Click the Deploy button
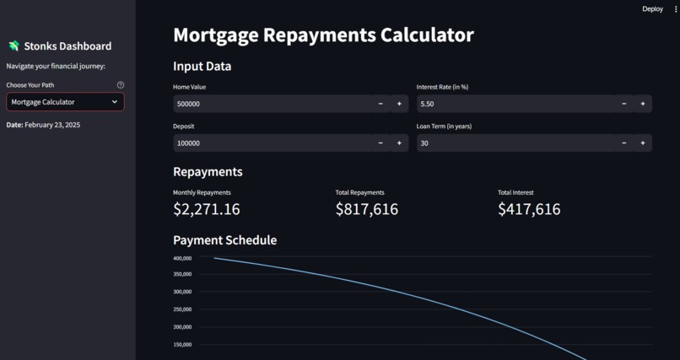652,9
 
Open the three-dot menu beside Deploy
676,9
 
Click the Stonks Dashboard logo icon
13,46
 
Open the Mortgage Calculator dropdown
65,102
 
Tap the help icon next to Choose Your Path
121,85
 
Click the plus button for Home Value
399,104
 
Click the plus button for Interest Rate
643,104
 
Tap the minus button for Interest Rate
624,104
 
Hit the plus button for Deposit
399,143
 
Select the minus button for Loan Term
624,143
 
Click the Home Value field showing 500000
273,104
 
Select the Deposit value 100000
188,143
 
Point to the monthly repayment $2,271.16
207,209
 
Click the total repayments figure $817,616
367,209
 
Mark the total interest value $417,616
529,209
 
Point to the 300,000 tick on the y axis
182,292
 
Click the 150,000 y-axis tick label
182,345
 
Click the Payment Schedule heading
224,240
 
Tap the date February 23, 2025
52,125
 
